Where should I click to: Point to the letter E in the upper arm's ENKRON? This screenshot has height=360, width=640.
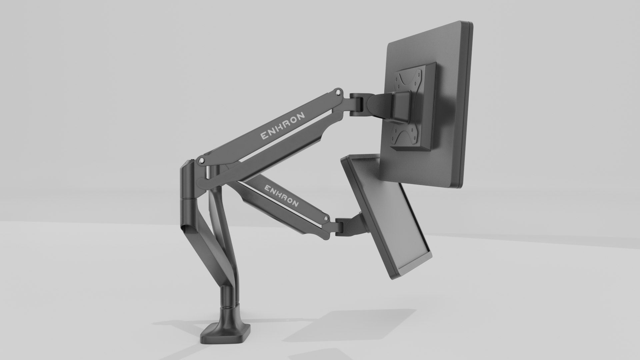[263, 136]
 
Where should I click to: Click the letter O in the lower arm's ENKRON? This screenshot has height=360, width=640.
[289, 200]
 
